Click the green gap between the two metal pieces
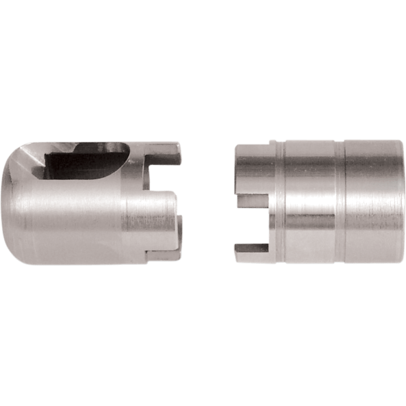pos(208,203)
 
